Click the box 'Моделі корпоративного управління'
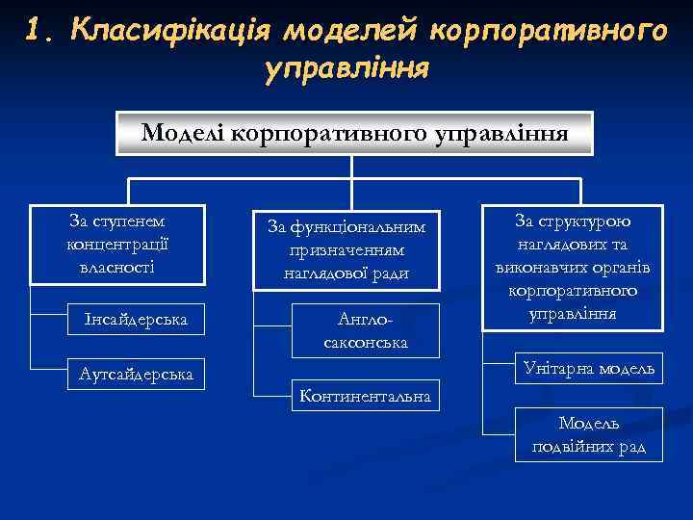pyautogui.click(x=354, y=133)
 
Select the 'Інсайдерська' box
pyautogui.click(x=136, y=318)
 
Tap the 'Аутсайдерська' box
pyautogui.click(x=136, y=373)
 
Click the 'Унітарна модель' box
pyautogui.click(x=588, y=369)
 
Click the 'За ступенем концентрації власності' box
pyautogui.click(x=117, y=244)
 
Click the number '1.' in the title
pyautogui.click(x=40, y=31)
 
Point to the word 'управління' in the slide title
pyautogui.click(x=345, y=69)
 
